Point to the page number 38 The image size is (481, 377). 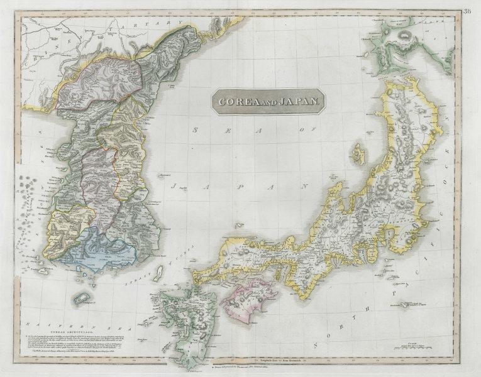(470, 10)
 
